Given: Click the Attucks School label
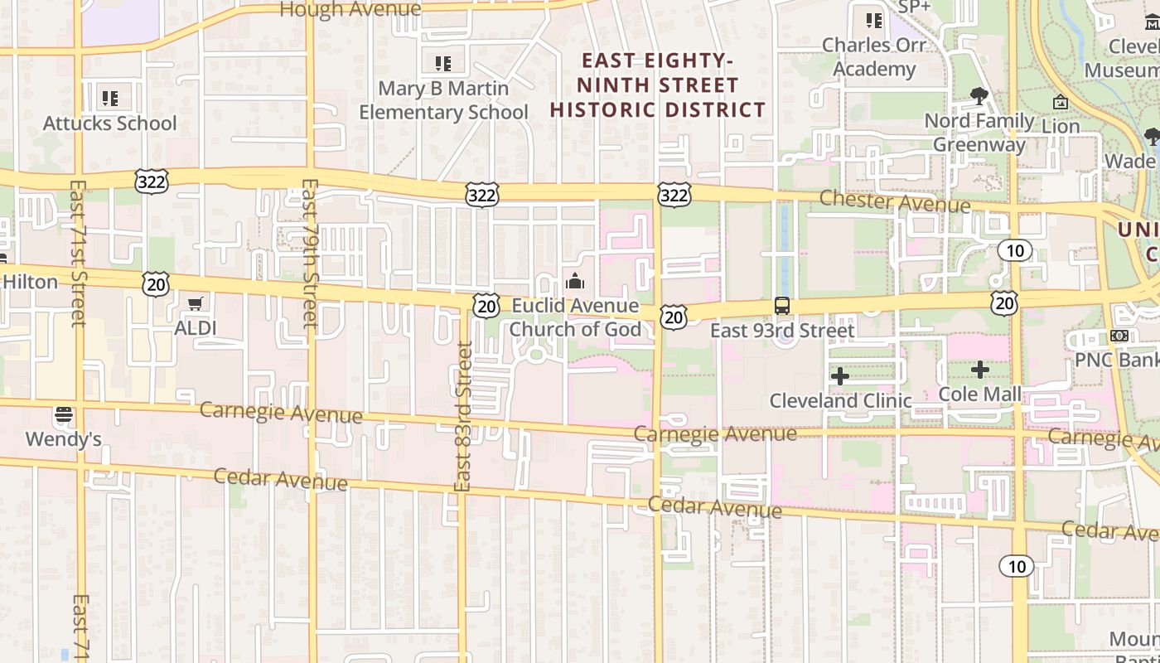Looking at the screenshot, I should point(110,123).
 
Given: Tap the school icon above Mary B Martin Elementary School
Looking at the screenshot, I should point(443,63).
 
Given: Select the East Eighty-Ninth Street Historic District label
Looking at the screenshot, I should point(658,85).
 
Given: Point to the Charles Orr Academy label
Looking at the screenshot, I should point(874,57).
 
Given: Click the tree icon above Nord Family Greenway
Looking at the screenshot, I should point(979,96).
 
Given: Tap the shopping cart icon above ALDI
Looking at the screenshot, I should point(196,304).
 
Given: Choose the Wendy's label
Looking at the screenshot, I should point(64,439).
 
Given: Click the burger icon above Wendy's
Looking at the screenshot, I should point(64,414).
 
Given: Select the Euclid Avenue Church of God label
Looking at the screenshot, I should point(575,318).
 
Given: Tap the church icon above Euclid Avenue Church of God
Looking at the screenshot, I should point(575,282).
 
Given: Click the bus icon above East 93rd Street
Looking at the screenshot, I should point(782,306).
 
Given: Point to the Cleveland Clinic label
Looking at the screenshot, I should point(840,401).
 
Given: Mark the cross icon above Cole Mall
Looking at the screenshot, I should point(980,370).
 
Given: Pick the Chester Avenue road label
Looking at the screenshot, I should point(895,201).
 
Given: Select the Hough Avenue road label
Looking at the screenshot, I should point(350,10).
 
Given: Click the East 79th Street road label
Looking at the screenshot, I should point(309,253).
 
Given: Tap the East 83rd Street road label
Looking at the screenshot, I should point(463,417).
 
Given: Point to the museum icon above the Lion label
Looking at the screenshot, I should point(1061,103).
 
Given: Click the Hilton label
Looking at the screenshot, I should point(31,282).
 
